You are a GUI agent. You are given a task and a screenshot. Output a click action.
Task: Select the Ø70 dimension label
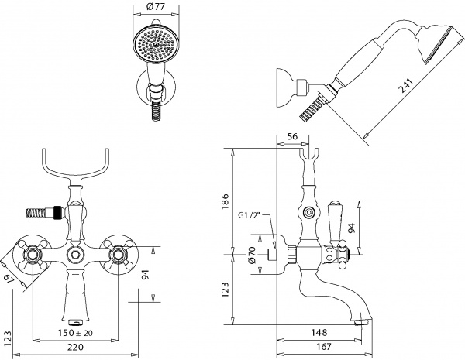(251, 256)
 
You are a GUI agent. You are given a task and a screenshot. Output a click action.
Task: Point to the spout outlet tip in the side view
(361, 318)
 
